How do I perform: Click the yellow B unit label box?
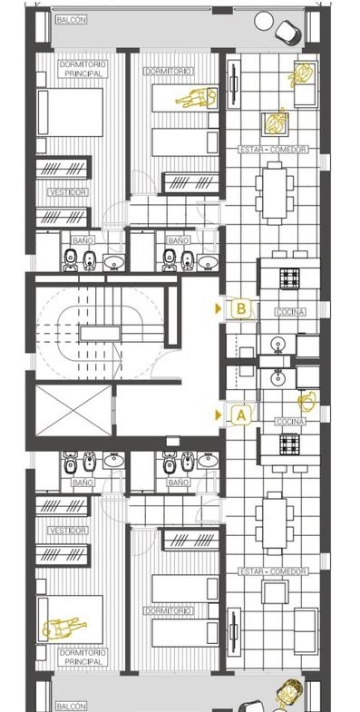click(241, 308)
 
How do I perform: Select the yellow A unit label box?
click(241, 415)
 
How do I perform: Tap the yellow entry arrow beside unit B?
click(219, 308)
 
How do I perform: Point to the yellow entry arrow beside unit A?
click(219, 415)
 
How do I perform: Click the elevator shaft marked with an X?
click(73, 410)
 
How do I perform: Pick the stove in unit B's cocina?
click(289, 278)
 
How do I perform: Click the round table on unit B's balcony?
click(264, 21)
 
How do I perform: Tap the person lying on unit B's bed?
click(196, 98)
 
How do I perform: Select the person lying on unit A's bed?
click(63, 628)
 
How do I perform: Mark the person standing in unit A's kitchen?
click(306, 402)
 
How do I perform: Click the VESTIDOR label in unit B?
click(68, 192)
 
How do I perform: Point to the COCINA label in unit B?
click(290, 312)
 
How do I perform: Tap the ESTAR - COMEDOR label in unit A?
click(273, 571)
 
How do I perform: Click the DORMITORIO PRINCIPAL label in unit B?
click(83, 69)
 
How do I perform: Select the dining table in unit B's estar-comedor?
click(274, 193)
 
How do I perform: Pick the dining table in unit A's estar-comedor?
click(274, 523)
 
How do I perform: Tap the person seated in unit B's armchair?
click(275, 122)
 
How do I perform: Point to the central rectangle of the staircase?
click(100, 334)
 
